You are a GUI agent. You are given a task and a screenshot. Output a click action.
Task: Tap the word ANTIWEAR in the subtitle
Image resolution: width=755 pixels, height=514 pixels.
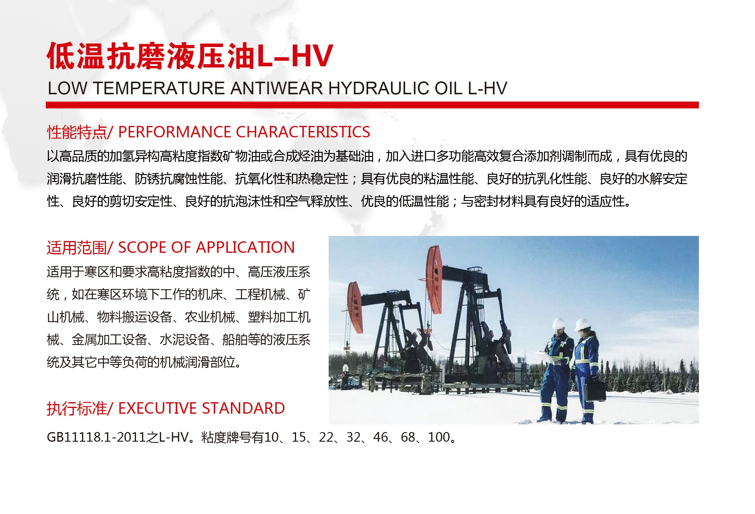pos(276,88)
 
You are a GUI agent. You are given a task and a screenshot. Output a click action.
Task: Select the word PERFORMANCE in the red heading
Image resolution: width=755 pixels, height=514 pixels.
pos(175,132)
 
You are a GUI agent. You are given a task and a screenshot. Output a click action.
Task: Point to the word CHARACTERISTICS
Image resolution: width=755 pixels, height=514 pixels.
pos(303,132)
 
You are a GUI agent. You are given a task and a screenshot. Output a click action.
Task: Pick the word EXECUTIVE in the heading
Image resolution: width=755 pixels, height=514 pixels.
pos(157,408)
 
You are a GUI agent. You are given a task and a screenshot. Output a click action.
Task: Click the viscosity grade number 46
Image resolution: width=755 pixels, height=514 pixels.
pos(381,437)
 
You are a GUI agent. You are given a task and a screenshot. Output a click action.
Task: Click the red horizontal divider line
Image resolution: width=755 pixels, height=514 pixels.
pos(372,105)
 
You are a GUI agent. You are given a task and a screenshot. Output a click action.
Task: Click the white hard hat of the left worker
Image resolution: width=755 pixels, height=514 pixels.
pos(559,323)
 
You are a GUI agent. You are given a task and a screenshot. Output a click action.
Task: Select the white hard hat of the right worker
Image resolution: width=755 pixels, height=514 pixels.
pos(582,324)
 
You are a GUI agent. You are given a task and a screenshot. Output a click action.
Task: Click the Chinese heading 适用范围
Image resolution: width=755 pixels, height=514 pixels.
pos(77,248)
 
